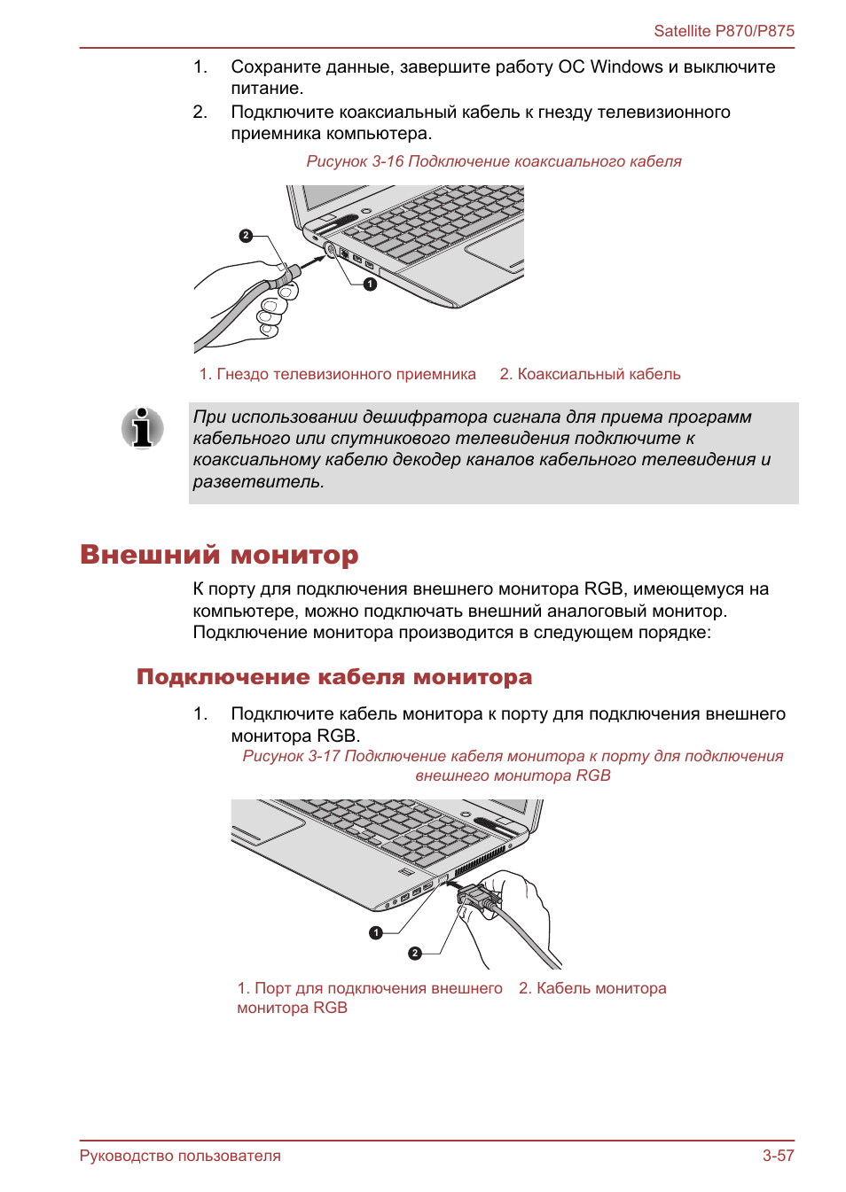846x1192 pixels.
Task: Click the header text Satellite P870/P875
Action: (724, 31)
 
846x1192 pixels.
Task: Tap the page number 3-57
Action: (778, 1156)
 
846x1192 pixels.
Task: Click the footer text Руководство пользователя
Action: (180, 1156)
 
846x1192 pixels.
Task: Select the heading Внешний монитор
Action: (219, 555)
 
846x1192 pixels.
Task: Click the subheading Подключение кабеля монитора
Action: (334, 677)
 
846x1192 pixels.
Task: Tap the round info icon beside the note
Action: (143, 428)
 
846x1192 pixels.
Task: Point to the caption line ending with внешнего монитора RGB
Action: (513, 775)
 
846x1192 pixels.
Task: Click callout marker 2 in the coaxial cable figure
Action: (247, 236)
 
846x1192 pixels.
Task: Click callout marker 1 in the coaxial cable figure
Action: (371, 284)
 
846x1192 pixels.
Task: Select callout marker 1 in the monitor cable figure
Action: (376, 932)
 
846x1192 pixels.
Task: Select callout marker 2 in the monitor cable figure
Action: (415, 954)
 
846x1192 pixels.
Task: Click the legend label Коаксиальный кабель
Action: (591, 374)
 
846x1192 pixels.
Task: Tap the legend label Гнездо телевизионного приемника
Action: (338, 374)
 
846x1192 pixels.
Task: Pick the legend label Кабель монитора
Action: (592, 988)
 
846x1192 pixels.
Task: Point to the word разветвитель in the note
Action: (258, 482)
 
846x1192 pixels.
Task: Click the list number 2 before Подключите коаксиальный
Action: (200, 113)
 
